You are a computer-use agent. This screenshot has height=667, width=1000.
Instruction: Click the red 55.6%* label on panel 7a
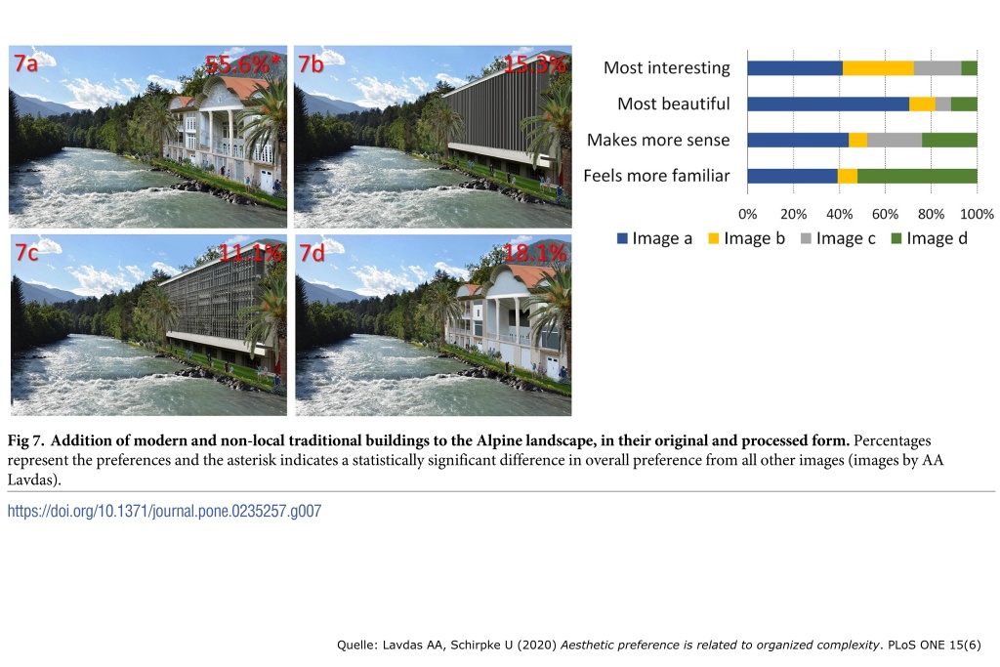click(x=242, y=64)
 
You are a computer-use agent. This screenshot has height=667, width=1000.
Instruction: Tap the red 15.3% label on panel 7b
click(x=534, y=64)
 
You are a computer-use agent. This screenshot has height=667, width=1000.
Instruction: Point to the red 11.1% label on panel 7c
click(x=251, y=253)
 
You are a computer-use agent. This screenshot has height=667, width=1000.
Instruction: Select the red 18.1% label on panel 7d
click(x=535, y=253)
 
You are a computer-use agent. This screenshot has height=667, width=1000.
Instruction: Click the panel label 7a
click(x=26, y=63)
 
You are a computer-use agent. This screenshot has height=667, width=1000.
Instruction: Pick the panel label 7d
click(x=312, y=253)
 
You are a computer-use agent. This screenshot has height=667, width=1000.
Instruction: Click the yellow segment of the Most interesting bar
click(x=878, y=67)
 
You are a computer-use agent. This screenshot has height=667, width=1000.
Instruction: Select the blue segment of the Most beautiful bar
click(x=828, y=104)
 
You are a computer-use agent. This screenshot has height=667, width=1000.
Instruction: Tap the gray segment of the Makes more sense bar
click(x=895, y=140)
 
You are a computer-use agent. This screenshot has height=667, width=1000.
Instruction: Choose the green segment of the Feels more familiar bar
click(x=917, y=176)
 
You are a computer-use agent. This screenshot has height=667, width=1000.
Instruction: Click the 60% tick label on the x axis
click(x=885, y=214)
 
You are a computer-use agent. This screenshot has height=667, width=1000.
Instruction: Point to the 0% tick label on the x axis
click(x=747, y=214)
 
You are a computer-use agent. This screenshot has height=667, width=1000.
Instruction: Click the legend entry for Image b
click(x=747, y=238)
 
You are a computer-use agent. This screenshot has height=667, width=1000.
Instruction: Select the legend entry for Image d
click(x=930, y=238)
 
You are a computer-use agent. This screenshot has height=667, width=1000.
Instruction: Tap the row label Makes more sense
click(x=658, y=140)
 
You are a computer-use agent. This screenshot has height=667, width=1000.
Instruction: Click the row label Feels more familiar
click(x=656, y=176)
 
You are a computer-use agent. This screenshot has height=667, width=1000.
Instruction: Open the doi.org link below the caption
click(x=164, y=511)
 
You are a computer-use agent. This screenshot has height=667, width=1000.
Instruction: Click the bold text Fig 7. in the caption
click(x=25, y=440)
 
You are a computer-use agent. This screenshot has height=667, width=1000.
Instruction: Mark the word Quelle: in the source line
click(x=356, y=645)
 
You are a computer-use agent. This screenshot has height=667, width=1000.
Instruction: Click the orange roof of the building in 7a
click(x=244, y=87)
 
